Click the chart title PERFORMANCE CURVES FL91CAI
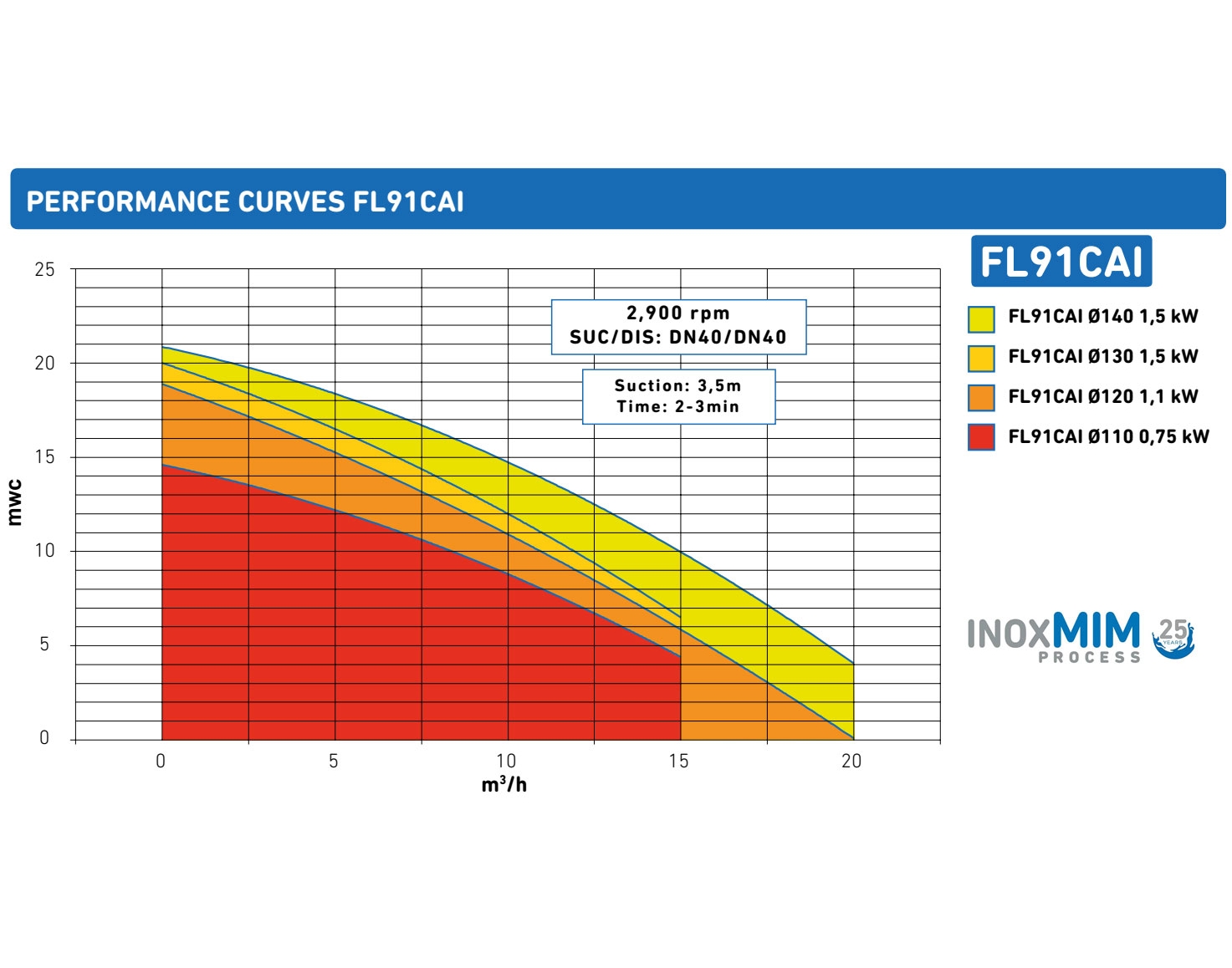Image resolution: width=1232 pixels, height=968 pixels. (x=245, y=201)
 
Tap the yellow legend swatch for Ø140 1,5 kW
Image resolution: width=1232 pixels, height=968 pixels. (x=981, y=318)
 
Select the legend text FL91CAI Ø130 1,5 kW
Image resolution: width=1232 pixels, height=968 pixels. (x=1102, y=357)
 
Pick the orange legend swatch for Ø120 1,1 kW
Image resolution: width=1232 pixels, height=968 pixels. (x=981, y=398)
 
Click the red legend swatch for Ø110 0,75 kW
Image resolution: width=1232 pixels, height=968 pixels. (x=981, y=437)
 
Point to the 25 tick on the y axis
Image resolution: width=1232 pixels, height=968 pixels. (x=44, y=270)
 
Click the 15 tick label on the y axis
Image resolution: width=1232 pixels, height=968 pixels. (x=44, y=457)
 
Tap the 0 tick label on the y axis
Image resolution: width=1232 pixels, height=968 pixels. (x=44, y=738)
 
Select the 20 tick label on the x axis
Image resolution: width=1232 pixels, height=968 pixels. (x=851, y=762)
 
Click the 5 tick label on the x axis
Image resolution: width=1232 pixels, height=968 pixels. (x=334, y=762)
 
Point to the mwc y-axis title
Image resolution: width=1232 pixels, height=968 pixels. (x=14, y=502)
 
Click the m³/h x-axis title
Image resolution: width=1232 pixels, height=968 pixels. (x=504, y=785)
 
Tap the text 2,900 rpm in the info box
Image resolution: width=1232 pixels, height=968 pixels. (x=678, y=313)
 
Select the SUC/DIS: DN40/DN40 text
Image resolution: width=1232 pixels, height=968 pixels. (x=678, y=338)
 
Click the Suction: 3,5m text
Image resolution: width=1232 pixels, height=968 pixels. (x=678, y=385)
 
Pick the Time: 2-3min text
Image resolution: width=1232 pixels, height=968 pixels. (x=678, y=407)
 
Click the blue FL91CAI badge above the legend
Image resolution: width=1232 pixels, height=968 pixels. (x=1061, y=262)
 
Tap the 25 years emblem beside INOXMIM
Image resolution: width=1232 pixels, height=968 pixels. (x=1173, y=639)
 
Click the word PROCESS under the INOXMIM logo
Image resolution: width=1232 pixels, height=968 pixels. (x=1089, y=658)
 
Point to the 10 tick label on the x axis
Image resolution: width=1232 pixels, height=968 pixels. (x=506, y=762)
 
